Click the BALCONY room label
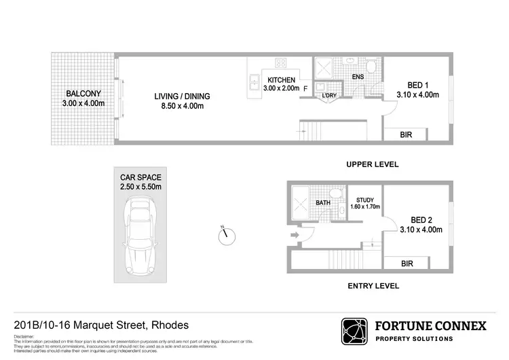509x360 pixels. (x=84, y=94)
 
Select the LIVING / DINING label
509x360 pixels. (x=181, y=96)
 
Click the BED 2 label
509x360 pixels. (x=421, y=219)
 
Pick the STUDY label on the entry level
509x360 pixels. (x=365, y=200)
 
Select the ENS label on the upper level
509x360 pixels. (x=358, y=77)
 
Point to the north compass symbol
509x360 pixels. (x=226, y=235)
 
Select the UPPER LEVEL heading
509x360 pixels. (x=371, y=164)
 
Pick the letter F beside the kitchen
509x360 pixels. (x=305, y=88)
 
